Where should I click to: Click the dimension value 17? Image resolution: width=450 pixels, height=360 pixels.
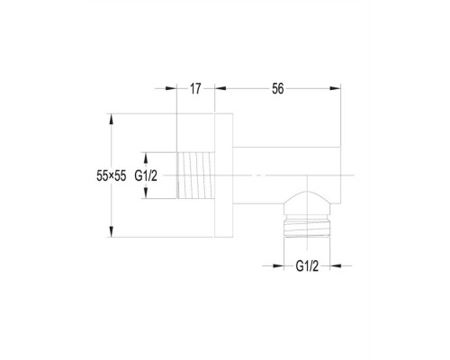coord(195,89)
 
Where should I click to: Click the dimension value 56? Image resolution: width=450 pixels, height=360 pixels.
coord(278,89)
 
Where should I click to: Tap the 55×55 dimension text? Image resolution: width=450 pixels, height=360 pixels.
coord(112,175)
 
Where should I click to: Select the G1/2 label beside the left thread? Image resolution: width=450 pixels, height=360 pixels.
coord(146,175)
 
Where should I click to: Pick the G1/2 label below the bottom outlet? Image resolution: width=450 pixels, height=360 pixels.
coord(307,266)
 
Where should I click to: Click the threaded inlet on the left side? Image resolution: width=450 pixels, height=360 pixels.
coord(195,175)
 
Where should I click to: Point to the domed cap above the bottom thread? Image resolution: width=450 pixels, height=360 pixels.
coord(307,202)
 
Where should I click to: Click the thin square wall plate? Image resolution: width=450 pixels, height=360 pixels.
coord(224,175)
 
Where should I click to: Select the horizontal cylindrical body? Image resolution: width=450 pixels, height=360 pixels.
coord(287,175)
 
